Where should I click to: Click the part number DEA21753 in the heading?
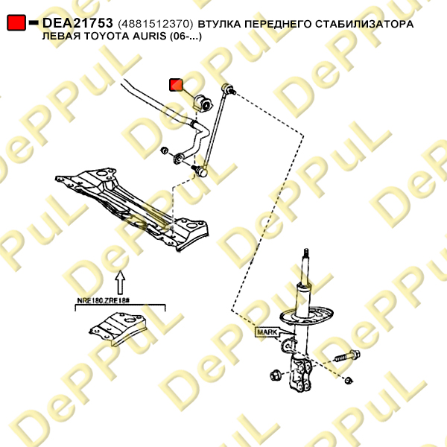tap(77, 23)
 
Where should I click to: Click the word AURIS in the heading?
tap(150, 37)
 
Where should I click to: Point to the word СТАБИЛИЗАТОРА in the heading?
tap(364, 24)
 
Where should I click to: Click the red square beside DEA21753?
tap(16, 23)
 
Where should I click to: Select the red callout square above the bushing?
tap(176, 85)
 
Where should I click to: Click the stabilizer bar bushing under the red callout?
tap(203, 103)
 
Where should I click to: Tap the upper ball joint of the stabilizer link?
tap(227, 88)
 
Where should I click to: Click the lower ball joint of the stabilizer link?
tap(200, 171)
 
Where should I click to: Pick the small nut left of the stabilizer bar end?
tap(165, 150)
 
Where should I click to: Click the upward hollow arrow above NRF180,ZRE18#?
tap(121, 282)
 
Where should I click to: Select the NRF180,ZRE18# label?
tap(104, 300)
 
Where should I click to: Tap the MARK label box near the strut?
tap(267, 332)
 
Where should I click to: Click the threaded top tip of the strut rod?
tap(306, 253)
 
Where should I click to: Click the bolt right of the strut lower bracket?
tap(346, 355)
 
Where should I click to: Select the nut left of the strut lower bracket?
tap(276, 375)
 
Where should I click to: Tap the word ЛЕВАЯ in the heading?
tap(61, 37)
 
